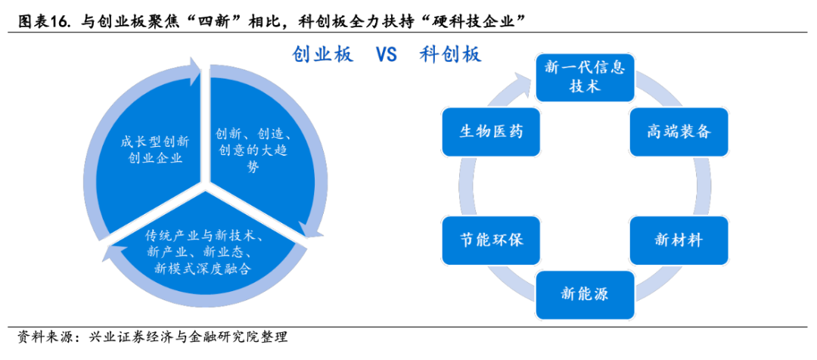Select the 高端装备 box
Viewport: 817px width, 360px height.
(x=679, y=132)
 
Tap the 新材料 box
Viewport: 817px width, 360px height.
(x=679, y=241)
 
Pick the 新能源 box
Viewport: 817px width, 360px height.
(x=585, y=294)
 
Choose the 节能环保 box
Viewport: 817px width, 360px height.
(x=490, y=241)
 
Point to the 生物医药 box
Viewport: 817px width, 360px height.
(x=490, y=132)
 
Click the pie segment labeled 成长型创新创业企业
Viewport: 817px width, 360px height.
(x=151, y=151)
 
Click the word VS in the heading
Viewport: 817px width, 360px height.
(x=386, y=55)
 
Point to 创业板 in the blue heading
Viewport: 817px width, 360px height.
(x=322, y=55)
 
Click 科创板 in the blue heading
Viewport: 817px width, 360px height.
(x=450, y=55)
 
